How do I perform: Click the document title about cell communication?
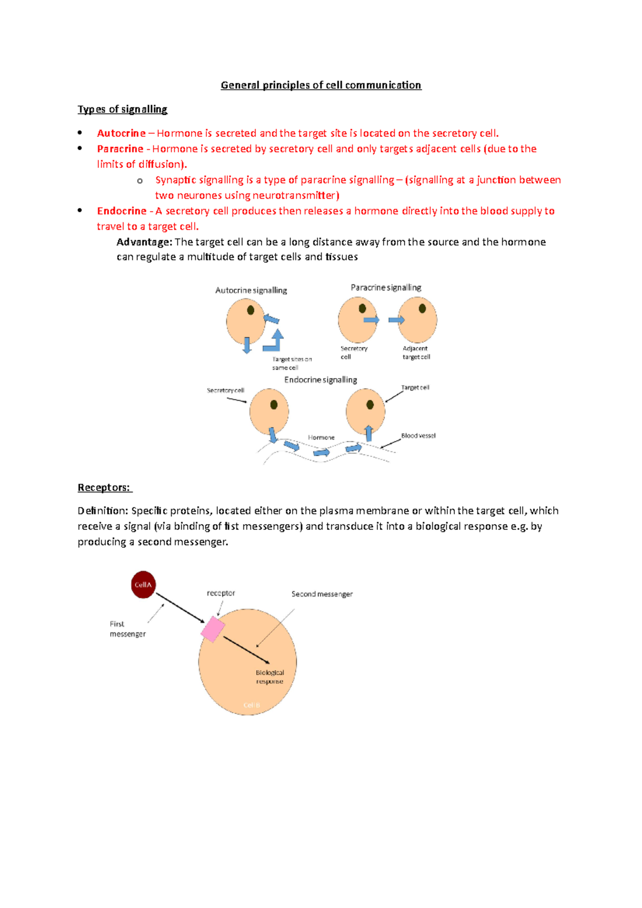(321, 85)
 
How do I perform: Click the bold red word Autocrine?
(121, 133)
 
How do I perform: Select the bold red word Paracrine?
(120, 149)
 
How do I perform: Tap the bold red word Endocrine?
(121, 211)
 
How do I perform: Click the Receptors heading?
(104, 487)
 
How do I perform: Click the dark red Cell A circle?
(143, 584)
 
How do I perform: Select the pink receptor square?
(213, 629)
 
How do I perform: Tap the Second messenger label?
(322, 594)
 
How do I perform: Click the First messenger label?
(127, 629)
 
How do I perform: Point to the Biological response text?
(270, 677)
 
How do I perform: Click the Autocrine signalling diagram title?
(251, 290)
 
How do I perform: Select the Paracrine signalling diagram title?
(386, 288)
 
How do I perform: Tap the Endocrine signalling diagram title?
(320, 380)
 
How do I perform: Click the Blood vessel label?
(418, 436)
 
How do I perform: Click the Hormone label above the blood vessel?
(321, 437)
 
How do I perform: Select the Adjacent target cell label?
(416, 352)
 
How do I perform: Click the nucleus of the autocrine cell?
(250, 310)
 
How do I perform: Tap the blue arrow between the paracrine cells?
(396, 320)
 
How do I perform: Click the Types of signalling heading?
(123, 109)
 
